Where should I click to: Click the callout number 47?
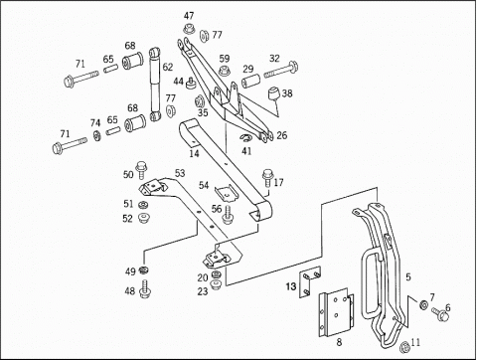189,16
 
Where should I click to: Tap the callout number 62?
168,69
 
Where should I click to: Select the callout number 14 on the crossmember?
194,154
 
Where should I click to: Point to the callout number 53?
180,173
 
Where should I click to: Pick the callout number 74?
95,123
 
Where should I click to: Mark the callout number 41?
246,151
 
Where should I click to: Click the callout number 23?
203,291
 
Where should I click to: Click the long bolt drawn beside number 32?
280,71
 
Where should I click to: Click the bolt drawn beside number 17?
266,183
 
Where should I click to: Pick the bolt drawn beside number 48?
146,291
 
